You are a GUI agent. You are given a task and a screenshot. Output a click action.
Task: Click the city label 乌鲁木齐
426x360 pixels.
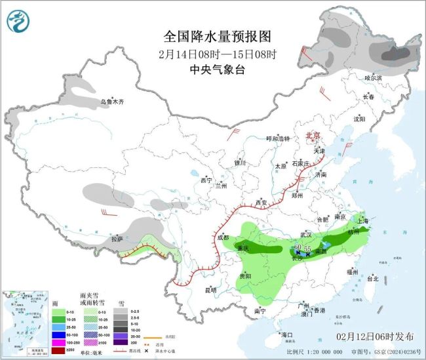click(111, 102)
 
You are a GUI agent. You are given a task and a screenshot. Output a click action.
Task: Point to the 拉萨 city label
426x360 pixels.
click(117, 239)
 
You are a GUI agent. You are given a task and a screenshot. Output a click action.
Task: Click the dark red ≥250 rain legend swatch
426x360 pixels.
click(58, 350)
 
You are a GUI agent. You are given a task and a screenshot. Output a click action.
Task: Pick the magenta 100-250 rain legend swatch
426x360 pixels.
click(58, 342)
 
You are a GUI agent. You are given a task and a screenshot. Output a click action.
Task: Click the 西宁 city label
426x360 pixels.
click(206, 180)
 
